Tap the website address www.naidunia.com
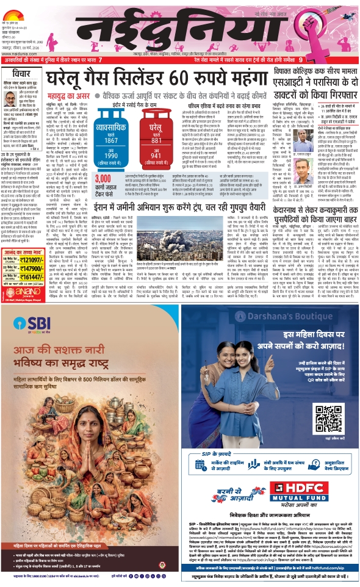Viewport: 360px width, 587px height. (20, 52)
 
